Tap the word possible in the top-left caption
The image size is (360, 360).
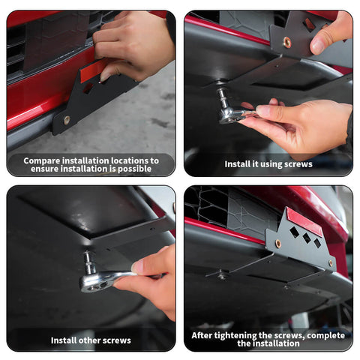(x=134, y=169)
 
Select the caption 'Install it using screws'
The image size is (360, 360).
(x=268, y=164)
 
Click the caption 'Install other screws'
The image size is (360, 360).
(x=91, y=340)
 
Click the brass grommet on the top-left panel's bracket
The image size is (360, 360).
(x=67, y=120)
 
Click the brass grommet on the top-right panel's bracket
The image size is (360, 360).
(x=287, y=42)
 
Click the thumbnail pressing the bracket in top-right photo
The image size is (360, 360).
(x=316, y=46)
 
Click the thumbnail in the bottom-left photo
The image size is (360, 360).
(x=137, y=266)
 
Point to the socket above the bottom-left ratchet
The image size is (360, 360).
(x=89, y=262)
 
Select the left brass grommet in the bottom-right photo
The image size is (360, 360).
(x=277, y=243)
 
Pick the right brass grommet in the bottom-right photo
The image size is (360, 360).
(x=331, y=262)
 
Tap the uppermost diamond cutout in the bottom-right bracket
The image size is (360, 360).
(x=294, y=232)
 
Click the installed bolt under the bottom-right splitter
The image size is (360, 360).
(x=220, y=275)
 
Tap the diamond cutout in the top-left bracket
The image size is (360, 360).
(x=88, y=88)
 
